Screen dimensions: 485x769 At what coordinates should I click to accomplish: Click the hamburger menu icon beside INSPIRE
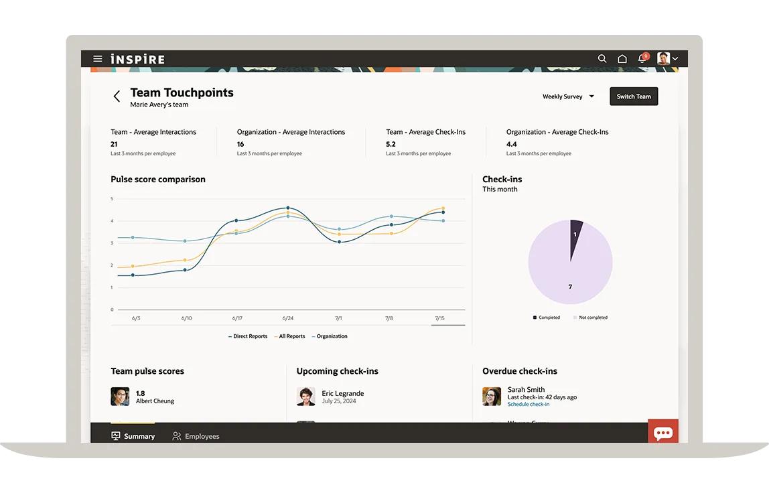tap(98, 59)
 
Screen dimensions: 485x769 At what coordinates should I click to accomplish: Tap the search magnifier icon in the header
tap(602, 59)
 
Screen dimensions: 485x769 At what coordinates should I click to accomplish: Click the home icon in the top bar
tap(622, 59)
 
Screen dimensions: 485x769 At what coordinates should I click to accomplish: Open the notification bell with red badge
tap(642, 59)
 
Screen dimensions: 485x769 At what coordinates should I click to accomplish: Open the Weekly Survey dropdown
tap(568, 96)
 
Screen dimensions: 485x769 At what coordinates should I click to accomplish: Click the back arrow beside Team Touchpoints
tap(117, 96)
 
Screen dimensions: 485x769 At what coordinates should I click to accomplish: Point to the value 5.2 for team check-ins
tap(391, 144)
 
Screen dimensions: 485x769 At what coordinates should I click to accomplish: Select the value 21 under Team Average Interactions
tap(114, 144)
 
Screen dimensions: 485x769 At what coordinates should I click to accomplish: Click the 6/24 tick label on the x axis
tap(287, 318)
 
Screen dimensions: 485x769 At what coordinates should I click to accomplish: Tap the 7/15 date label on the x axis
tap(439, 318)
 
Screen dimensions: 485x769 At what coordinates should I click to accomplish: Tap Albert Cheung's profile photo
tap(120, 397)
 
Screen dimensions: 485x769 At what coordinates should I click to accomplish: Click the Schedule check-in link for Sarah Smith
tap(529, 405)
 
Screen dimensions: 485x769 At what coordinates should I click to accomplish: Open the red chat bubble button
tap(663, 433)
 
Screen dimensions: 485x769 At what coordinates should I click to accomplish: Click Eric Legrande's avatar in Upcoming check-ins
tap(306, 397)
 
